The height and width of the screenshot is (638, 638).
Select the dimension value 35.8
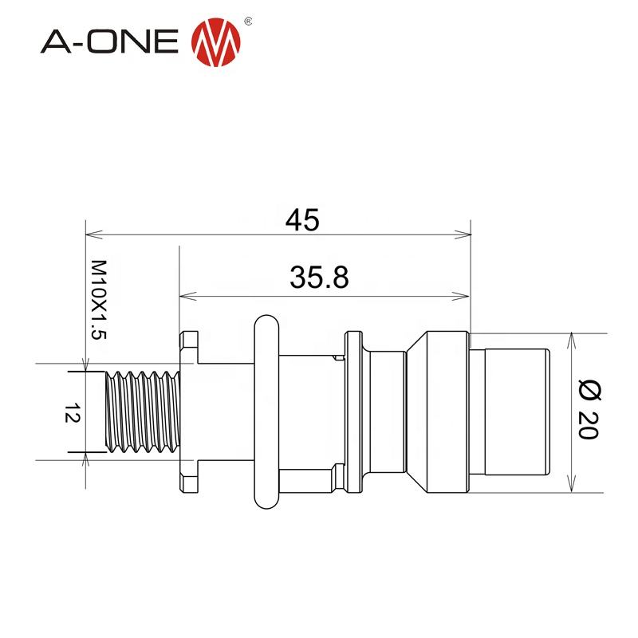pyautogui.click(x=319, y=278)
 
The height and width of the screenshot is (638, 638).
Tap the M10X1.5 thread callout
pyautogui.click(x=98, y=300)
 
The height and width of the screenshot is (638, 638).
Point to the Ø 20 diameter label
pyautogui.click(x=591, y=412)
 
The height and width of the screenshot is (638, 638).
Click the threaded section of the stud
pyautogui.click(x=144, y=412)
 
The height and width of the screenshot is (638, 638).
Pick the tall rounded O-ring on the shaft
pyautogui.click(x=266, y=412)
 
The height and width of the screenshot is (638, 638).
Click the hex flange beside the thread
pyautogui.click(x=188, y=412)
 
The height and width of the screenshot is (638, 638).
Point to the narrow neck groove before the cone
pyautogui.click(x=388, y=412)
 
